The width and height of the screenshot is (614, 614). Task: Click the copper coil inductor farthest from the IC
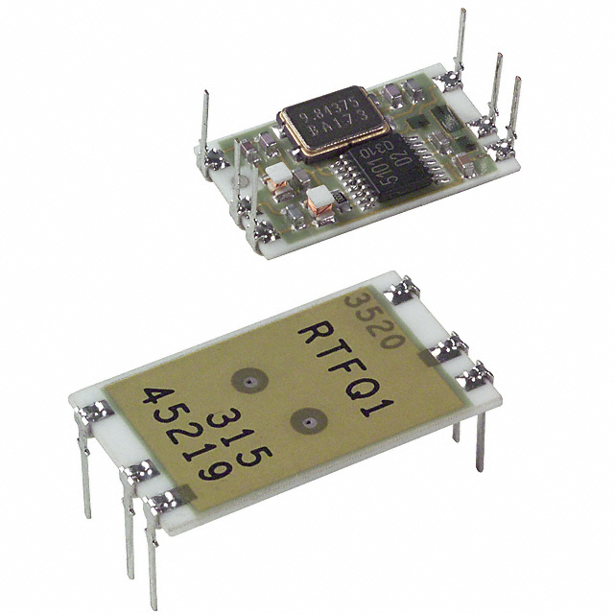tap(278, 174)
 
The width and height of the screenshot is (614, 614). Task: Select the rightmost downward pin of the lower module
tap(480, 441)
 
